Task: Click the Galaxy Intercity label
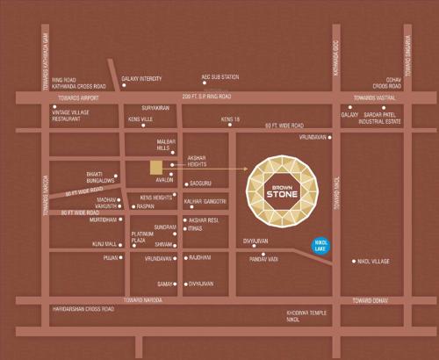click(142, 76)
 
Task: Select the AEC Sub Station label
click(220, 76)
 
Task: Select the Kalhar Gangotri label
click(206, 201)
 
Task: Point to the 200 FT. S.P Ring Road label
click(206, 95)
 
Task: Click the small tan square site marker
click(155, 167)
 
